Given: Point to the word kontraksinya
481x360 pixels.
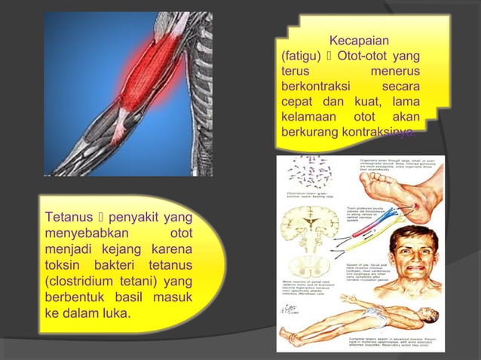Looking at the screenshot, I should click(x=374, y=133).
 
